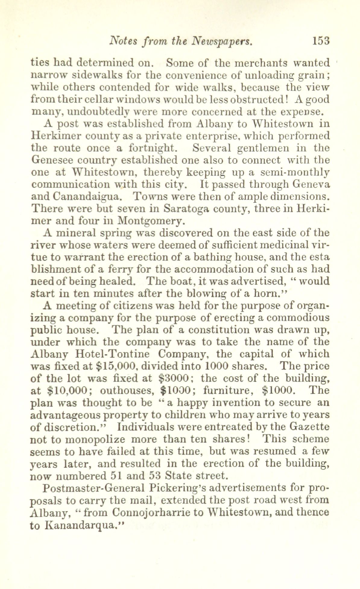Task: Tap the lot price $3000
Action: tap(175, 378)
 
